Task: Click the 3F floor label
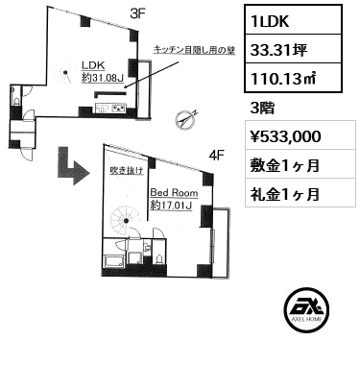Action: (x=138, y=13)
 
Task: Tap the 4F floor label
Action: (x=216, y=156)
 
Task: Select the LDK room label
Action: (x=93, y=65)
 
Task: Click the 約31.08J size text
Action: (x=103, y=78)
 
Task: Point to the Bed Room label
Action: (x=174, y=193)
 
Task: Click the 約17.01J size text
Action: (x=171, y=206)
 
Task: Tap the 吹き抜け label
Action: (x=126, y=171)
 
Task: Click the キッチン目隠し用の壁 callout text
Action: (x=194, y=50)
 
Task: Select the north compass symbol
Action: (x=186, y=119)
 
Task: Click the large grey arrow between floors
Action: (x=73, y=166)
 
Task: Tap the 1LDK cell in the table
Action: (x=293, y=19)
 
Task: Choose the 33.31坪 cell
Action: (x=293, y=48)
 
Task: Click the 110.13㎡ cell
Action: (x=293, y=78)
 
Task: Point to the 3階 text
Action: (x=262, y=109)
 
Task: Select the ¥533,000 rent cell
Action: (x=300, y=134)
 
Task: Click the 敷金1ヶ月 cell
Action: (x=300, y=164)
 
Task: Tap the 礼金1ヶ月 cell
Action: (x=300, y=192)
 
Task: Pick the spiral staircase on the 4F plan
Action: (x=126, y=221)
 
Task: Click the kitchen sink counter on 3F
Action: (x=111, y=109)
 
